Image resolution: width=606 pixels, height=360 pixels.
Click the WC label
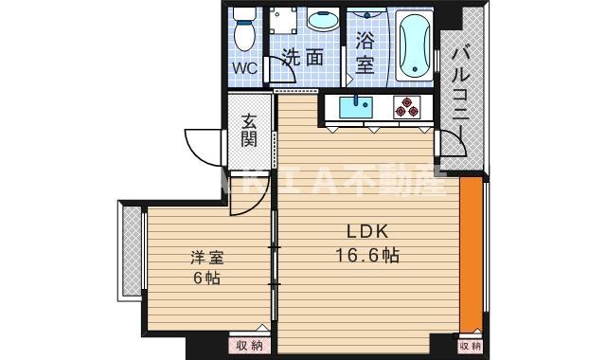[x=245, y=68]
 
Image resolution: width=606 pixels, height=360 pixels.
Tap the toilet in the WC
[x=246, y=28]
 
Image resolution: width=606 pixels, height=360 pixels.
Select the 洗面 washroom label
[x=304, y=58]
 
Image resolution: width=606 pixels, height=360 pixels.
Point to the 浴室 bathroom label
[x=365, y=54]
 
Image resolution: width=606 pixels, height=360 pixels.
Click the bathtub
[x=414, y=46]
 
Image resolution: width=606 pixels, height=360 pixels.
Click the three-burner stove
[x=408, y=108]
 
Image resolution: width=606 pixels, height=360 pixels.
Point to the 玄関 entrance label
[x=249, y=130]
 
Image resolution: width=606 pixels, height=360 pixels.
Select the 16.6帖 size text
[x=365, y=254]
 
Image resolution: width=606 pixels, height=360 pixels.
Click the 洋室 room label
[x=205, y=258]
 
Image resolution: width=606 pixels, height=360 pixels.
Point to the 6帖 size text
[x=205, y=279]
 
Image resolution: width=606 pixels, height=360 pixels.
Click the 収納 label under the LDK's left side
[x=250, y=346]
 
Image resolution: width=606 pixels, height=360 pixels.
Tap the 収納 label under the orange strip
[x=471, y=346]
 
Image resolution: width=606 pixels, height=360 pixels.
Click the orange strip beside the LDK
[x=471, y=256]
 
